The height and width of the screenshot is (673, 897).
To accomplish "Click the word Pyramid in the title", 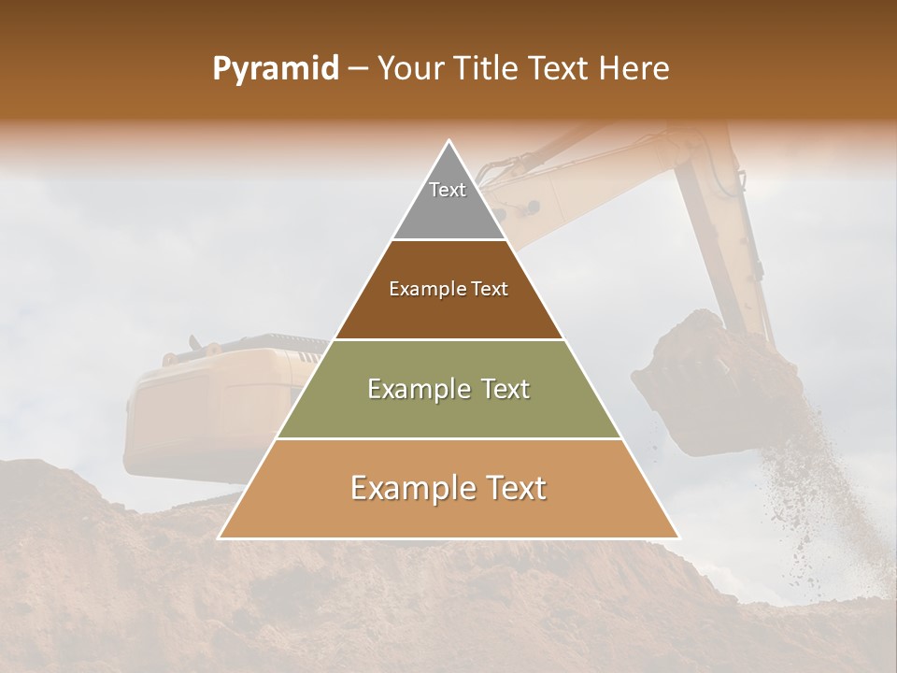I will pyautogui.click(x=275, y=69).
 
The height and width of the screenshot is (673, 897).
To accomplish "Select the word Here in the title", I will pyautogui.click(x=635, y=69).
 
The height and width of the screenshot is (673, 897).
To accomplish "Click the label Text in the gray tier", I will pyautogui.click(x=448, y=190).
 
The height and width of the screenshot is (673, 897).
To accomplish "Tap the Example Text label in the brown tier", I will pyautogui.click(x=448, y=289).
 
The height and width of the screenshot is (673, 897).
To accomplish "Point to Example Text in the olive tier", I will pyautogui.click(x=448, y=389).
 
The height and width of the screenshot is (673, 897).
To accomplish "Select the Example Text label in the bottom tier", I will pyautogui.click(x=448, y=488).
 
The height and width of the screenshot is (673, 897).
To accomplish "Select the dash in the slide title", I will pyautogui.click(x=358, y=69).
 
